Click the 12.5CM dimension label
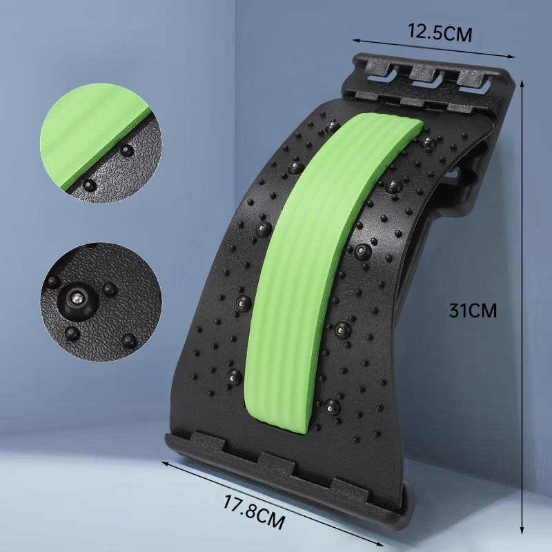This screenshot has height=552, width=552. pyautogui.click(x=440, y=32)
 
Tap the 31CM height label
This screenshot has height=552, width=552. pyautogui.click(x=473, y=310)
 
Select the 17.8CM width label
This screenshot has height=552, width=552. pyautogui.click(x=253, y=511)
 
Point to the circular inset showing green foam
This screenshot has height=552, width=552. pyautogui.click(x=101, y=143)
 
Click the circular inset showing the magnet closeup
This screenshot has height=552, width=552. pyautogui.click(x=101, y=302)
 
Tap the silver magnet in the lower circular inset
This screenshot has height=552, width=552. pyautogui.click(x=77, y=299)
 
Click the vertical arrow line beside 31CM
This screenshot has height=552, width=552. pyautogui.click(x=522, y=306)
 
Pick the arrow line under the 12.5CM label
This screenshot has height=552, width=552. pyautogui.click(x=434, y=48)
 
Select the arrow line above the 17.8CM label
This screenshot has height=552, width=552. pyautogui.click(x=273, y=504)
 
